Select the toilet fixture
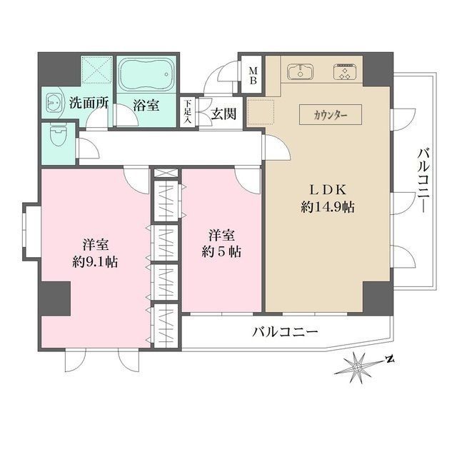coord(58,134)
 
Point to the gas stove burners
coord(346,71)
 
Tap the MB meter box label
coord(253,76)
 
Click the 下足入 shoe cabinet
coord(188,113)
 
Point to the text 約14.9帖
coord(328,208)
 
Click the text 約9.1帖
coord(94,261)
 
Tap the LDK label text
coord(328,189)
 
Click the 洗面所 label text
coord(88,102)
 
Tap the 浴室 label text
coord(146,104)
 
